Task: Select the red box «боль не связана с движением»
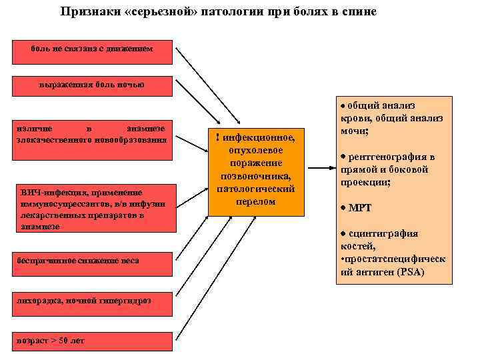click(92, 49)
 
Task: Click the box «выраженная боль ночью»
click(92, 85)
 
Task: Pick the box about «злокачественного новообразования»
click(92, 133)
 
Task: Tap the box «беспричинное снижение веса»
click(92, 260)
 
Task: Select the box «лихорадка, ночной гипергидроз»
click(92, 300)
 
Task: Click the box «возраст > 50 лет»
click(92, 341)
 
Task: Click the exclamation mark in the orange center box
click(218, 137)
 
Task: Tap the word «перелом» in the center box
click(256, 201)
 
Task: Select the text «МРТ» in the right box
click(360, 208)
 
